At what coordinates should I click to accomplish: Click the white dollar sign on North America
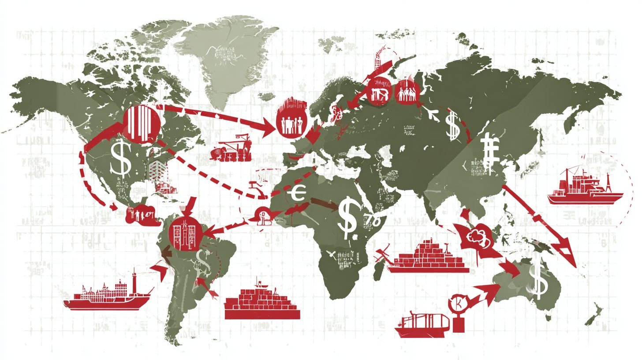(x=120, y=157)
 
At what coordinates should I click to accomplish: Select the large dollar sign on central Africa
(x=348, y=215)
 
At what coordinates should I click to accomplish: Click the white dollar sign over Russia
(x=452, y=125)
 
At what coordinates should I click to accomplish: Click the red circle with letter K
(x=457, y=304)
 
